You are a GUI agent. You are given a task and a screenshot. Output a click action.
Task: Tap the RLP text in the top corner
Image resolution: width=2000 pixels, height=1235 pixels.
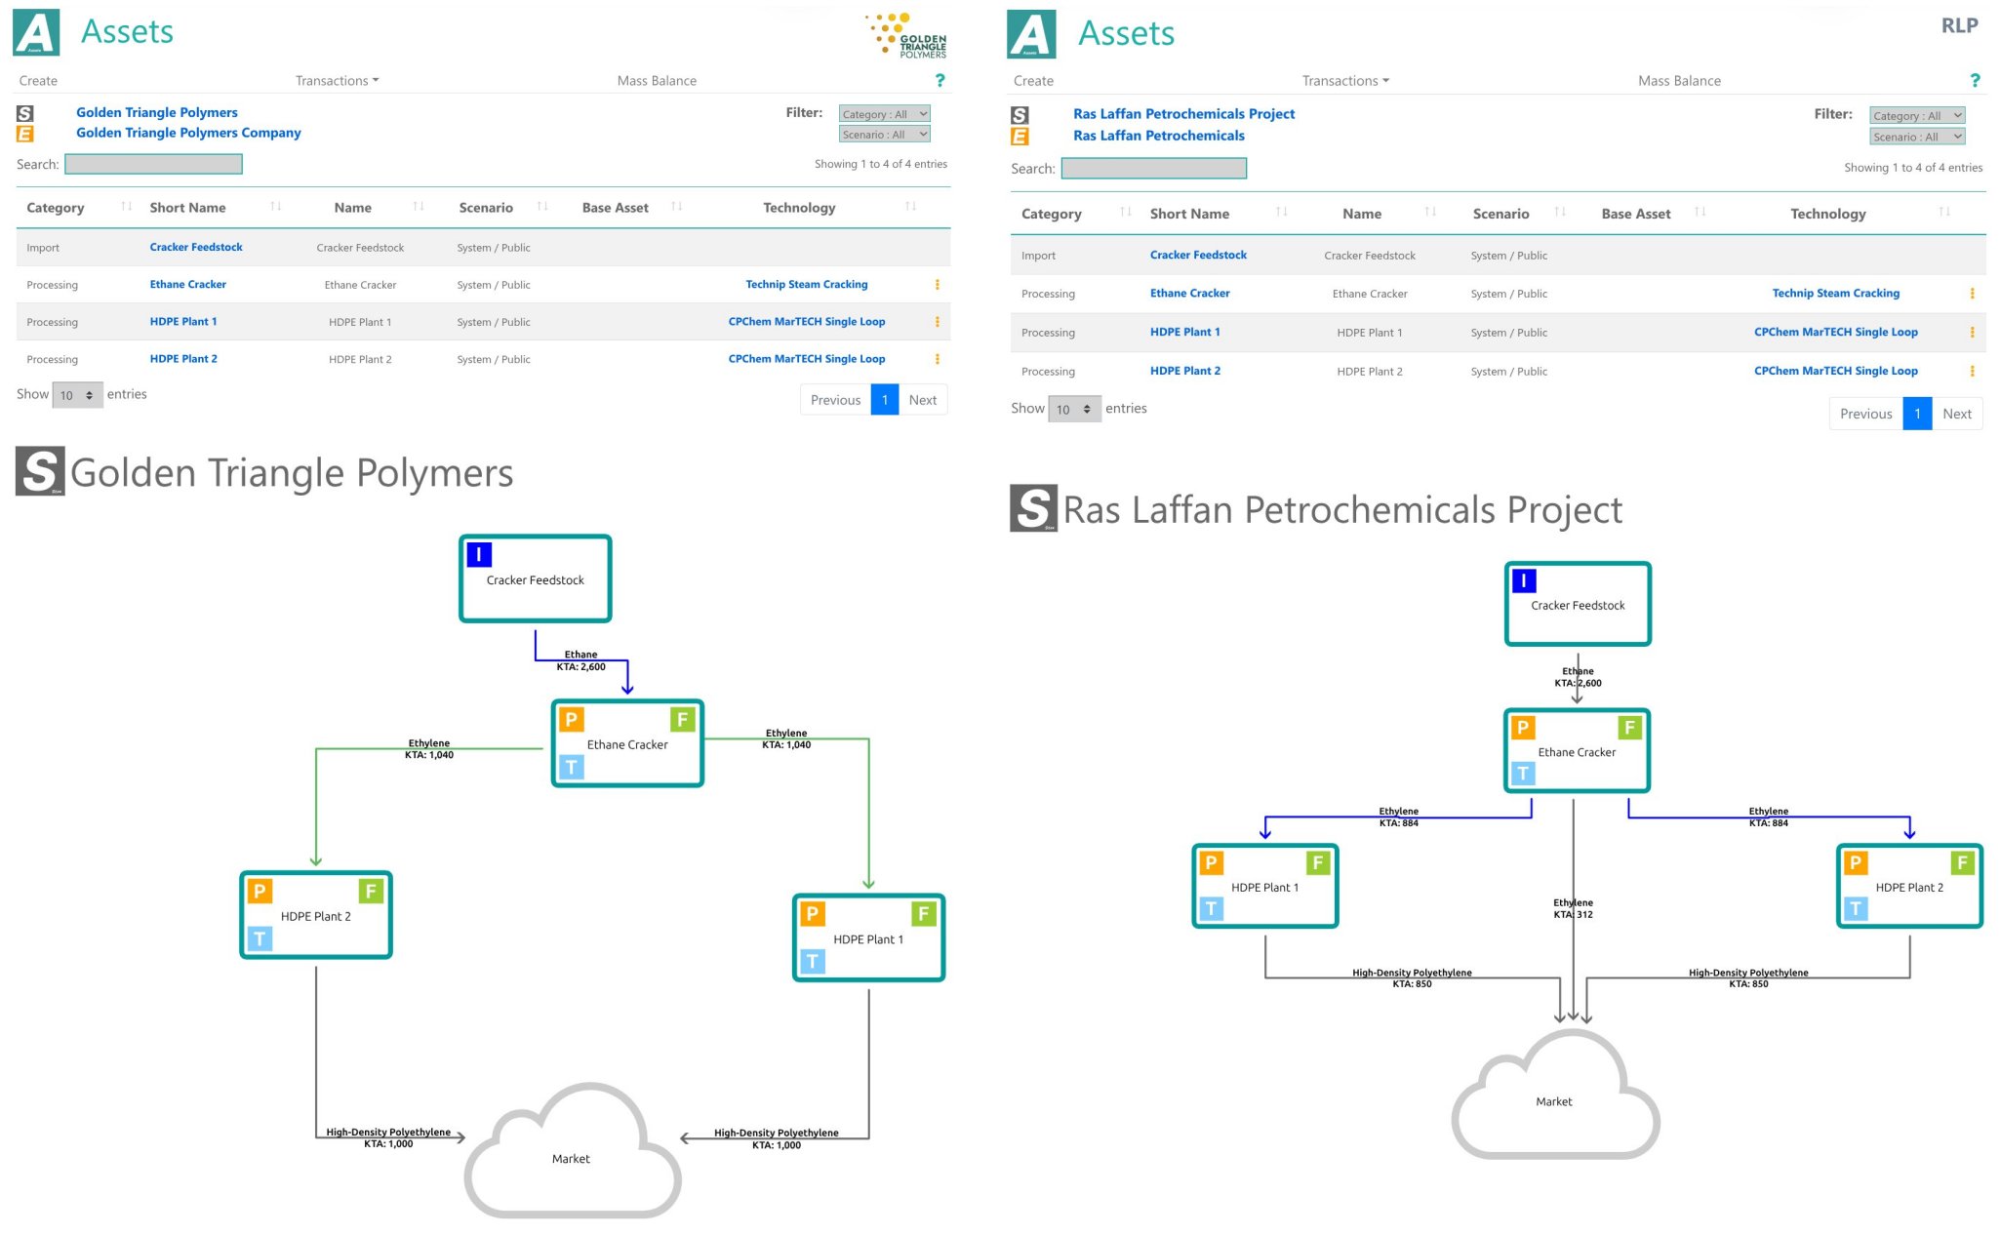pos(1959,26)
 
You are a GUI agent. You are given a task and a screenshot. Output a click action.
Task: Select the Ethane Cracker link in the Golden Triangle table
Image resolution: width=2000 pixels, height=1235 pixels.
pos(187,285)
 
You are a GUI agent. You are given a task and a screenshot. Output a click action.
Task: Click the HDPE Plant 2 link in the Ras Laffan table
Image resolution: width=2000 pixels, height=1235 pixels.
pos(1184,371)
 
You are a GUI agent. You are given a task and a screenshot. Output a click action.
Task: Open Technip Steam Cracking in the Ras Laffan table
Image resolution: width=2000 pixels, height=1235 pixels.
pos(1835,294)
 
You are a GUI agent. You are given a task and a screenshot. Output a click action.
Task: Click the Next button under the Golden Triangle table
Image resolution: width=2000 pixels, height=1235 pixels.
pos(922,400)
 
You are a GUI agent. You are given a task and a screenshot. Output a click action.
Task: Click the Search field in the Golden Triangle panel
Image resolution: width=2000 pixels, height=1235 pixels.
pos(153,165)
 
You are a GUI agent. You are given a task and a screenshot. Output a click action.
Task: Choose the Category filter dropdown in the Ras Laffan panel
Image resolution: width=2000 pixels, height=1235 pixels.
pos(1916,116)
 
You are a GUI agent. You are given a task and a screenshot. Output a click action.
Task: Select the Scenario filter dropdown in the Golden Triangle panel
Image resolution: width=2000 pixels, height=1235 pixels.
pos(884,135)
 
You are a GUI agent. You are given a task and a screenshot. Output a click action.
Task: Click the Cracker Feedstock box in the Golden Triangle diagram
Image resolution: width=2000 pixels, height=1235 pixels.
pos(536,578)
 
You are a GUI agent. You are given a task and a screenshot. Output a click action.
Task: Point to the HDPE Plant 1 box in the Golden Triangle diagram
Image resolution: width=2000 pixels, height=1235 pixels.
pos(868,937)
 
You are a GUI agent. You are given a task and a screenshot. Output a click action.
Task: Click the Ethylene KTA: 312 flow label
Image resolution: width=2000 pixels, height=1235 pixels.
pos(1573,909)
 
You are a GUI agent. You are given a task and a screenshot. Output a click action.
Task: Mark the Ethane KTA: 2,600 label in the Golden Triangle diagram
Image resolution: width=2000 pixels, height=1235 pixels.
pos(580,661)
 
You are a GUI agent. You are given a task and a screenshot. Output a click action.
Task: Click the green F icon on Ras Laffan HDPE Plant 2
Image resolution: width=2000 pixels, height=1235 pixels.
pos(1962,863)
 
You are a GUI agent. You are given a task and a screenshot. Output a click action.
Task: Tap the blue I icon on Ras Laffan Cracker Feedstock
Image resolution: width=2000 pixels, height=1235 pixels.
pos(1524,581)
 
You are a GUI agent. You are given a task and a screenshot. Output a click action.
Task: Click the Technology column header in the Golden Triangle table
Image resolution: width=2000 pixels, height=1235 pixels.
pos(799,208)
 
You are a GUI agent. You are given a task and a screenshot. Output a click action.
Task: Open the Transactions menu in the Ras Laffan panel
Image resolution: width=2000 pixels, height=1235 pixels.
pos(1344,81)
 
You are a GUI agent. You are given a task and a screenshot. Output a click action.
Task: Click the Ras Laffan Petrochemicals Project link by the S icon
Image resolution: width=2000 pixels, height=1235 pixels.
pos(1183,114)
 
